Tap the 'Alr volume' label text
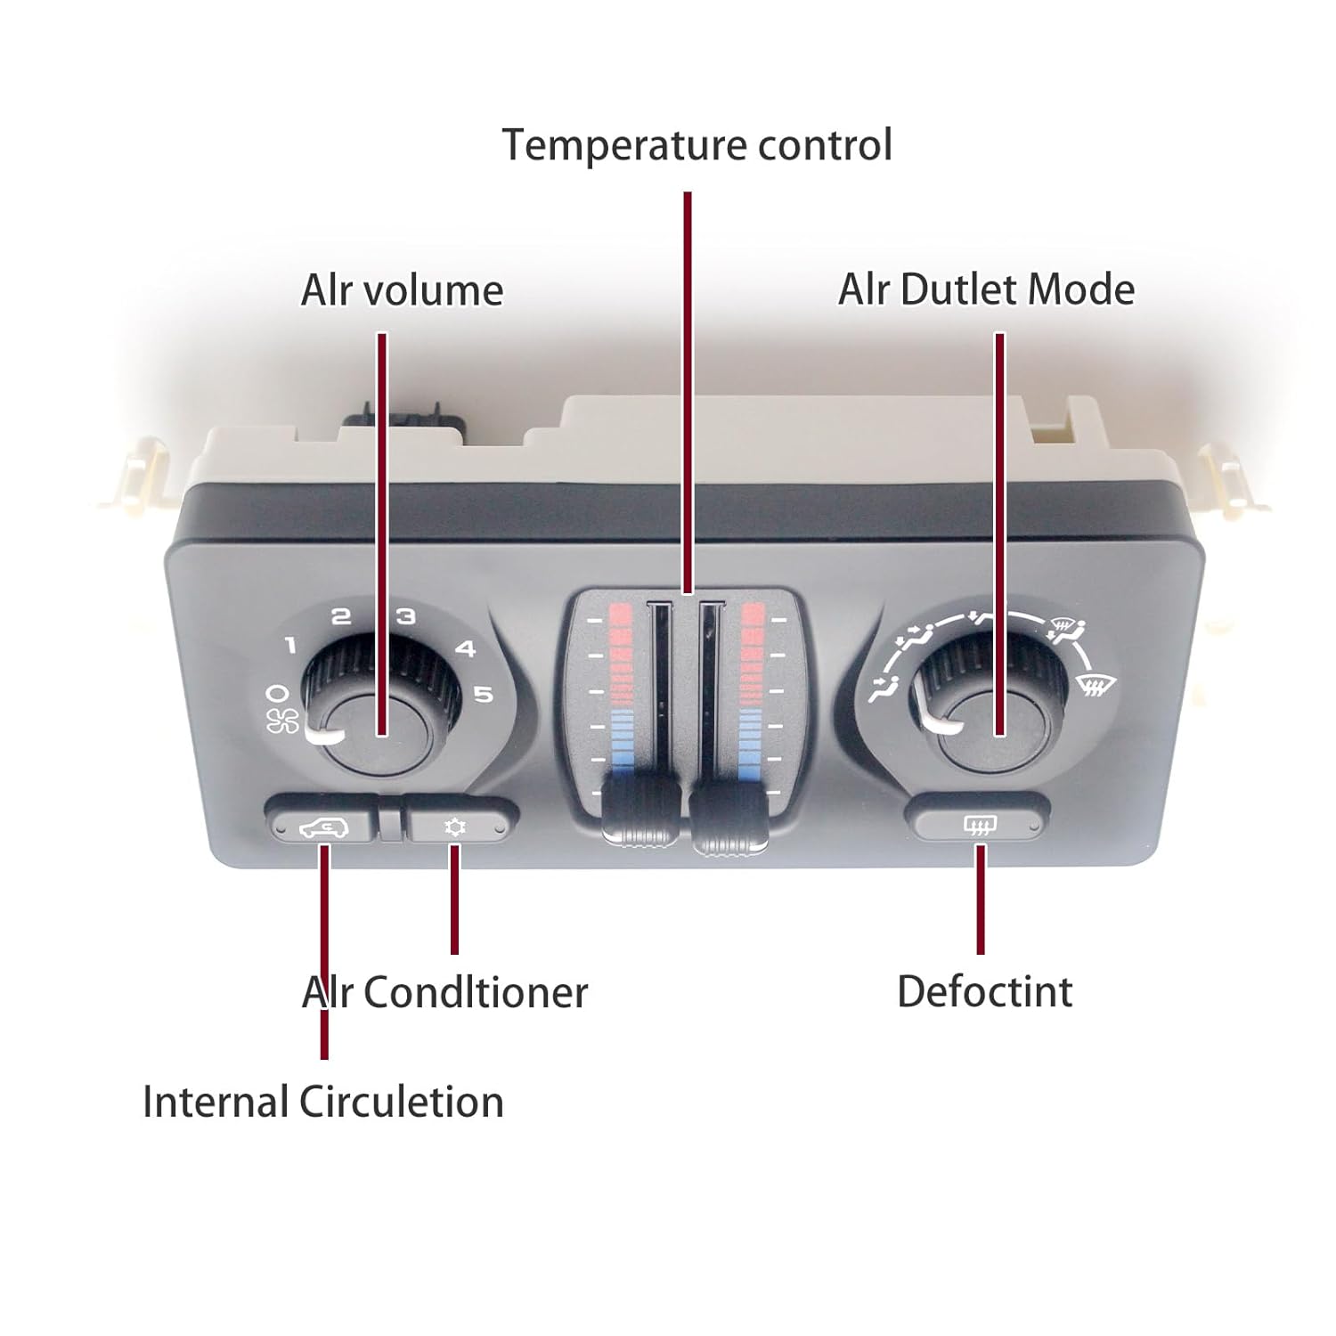[x=402, y=291]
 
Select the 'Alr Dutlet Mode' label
[x=986, y=290]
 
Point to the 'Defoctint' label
[x=984, y=992]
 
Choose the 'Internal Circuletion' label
[x=323, y=1103]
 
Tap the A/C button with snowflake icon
[x=455, y=827]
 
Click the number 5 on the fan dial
[x=484, y=694]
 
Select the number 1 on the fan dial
[x=290, y=646]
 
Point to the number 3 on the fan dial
[x=405, y=616]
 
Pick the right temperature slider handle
[x=729, y=814]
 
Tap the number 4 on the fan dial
[x=465, y=649]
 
